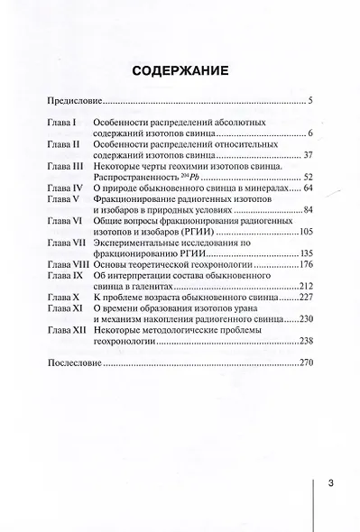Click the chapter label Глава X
[64, 294]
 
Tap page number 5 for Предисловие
[309, 105]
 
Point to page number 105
[304, 232]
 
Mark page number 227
[304, 294]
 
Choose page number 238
[304, 344]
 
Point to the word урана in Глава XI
[279, 306]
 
